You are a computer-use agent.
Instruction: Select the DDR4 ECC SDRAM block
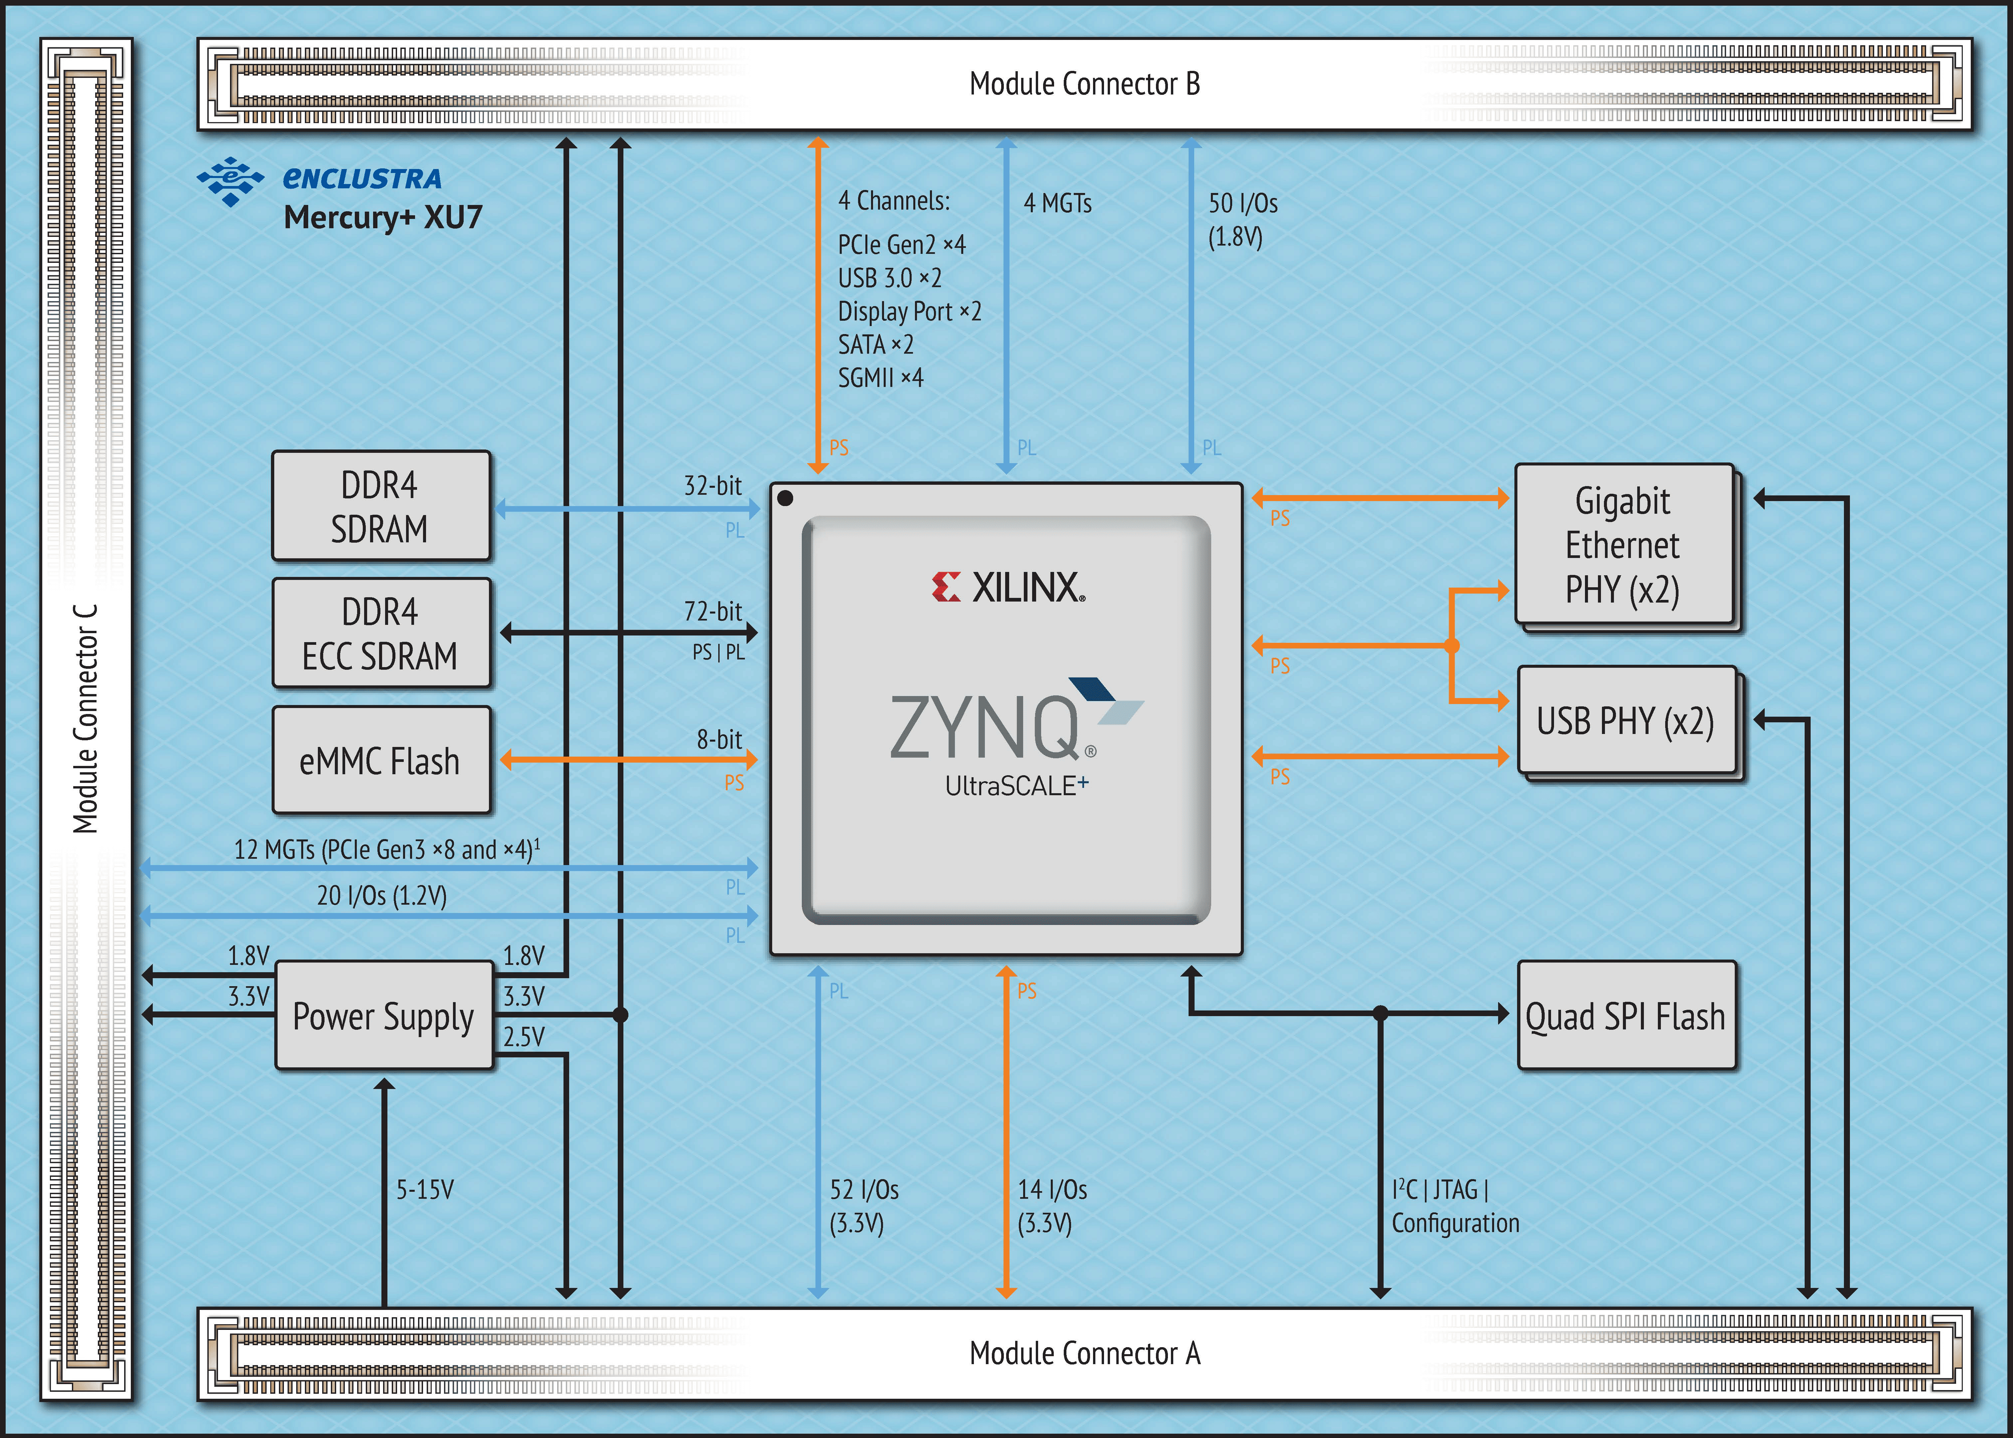[381, 633]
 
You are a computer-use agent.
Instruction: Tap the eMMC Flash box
[381, 761]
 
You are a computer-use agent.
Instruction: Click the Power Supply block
[383, 1016]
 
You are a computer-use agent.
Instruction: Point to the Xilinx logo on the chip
[1008, 587]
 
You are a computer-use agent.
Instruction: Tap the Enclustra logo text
[361, 179]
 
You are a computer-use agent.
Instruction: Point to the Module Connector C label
[85, 719]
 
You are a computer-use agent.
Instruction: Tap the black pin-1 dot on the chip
[784, 498]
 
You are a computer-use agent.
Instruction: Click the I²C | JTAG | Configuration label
[1454, 1206]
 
